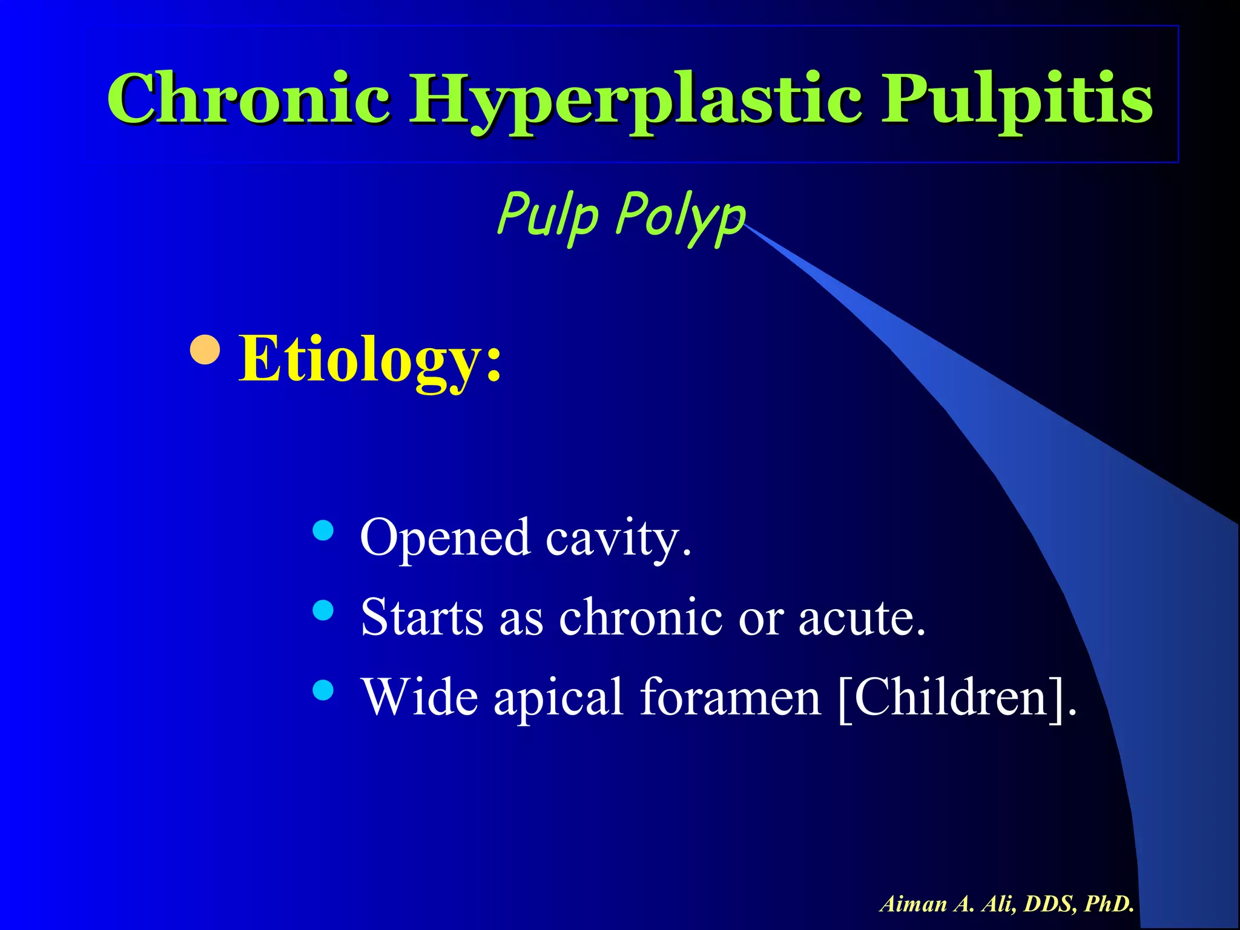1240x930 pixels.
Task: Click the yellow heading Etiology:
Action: pos(370,360)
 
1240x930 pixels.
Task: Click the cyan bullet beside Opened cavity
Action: pos(324,531)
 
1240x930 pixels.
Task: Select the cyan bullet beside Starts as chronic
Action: pos(324,610)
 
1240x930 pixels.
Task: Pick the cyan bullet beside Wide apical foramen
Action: pos(324,690)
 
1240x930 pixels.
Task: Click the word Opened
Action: pos(445,538)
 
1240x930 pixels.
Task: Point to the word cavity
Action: pos(618,538)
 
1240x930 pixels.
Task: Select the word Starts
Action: pos(422,617)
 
